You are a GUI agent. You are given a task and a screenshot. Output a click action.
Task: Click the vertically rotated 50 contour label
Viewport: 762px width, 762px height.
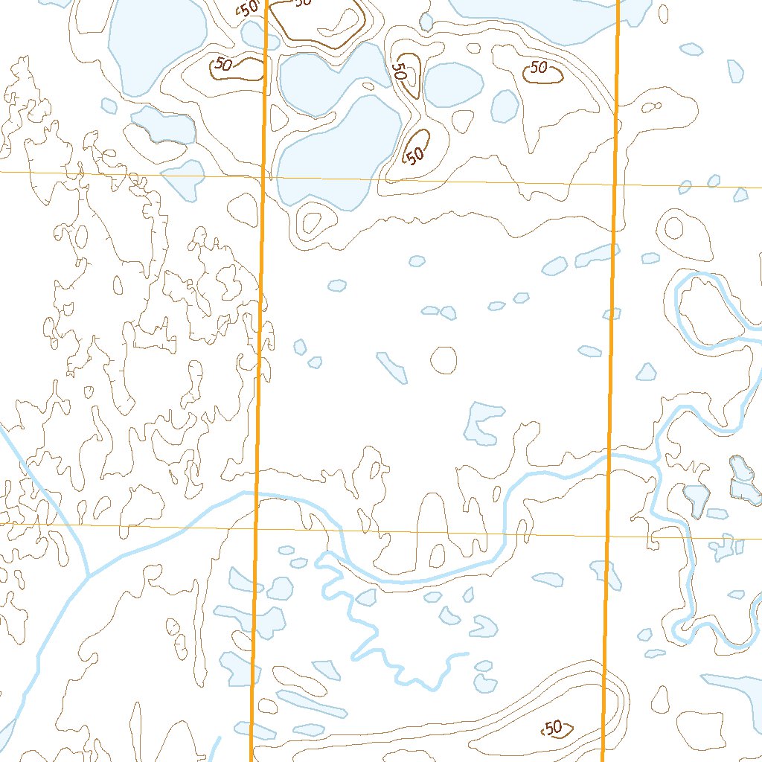(400, 71)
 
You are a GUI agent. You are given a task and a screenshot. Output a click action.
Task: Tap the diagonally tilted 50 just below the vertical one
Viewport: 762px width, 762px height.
(415, 155)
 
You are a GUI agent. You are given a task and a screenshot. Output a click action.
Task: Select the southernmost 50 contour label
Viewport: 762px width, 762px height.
(555, 728)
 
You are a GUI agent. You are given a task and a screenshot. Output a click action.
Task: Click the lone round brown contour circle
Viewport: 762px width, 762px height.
(444, 360)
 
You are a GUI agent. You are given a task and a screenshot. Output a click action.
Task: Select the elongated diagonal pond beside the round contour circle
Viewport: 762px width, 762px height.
(391, 368)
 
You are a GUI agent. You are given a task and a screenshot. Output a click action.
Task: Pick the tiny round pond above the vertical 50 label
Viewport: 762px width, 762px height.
(426, 22)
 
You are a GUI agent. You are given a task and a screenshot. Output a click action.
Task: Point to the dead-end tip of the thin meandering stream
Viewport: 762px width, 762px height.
(467, 653)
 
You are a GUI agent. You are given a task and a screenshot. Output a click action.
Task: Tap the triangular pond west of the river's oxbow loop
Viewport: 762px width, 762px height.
(646, 371)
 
